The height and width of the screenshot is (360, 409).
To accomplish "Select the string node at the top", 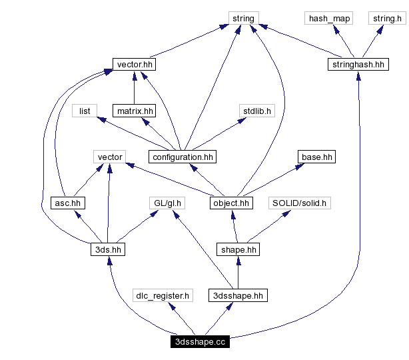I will pyautogui.click(x=243, y=19).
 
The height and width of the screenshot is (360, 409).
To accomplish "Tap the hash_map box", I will pyautogui.click(x=329, y=19).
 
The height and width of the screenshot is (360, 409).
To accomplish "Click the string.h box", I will pyautogui.click(x=386, y=19).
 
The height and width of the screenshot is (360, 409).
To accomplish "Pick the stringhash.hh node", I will pyautogui.click(x=358, y=65).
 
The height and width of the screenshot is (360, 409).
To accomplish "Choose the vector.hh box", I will pyautogui.click(x=135, y=65).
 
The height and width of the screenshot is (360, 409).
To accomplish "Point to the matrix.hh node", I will pyautogui.click(x=134, y=111).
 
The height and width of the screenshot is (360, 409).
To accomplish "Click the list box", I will pyautogui.click(x=85, y=111).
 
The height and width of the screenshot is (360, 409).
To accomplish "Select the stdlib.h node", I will pyautogui.click(x=256, y=111).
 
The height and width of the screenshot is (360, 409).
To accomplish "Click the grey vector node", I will pyautogui.click(x=110, y=157).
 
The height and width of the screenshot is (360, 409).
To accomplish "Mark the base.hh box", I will pyautogui.click(x=316, y=157).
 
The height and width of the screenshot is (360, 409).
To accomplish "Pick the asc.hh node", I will pyautogui.click(x=69, y=203).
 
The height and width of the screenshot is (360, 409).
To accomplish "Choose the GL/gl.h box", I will pyautogui.click(x=167, y=203).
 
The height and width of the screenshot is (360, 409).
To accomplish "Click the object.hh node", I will pyautogui.click(x=231, y=203).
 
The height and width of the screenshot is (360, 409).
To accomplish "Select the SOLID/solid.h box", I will pyautogui.click(x=300, y=203).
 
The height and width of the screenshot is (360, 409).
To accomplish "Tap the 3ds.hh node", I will pyautogui.click(x=108, y=249).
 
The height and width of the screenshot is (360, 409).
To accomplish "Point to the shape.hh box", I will pyautogui.click(x=238, y=249).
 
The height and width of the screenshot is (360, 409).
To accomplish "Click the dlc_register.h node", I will pyautogui.click(x=163, y=295).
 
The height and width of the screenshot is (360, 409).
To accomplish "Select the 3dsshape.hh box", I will pyautogui.click(x=238, y=295).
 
